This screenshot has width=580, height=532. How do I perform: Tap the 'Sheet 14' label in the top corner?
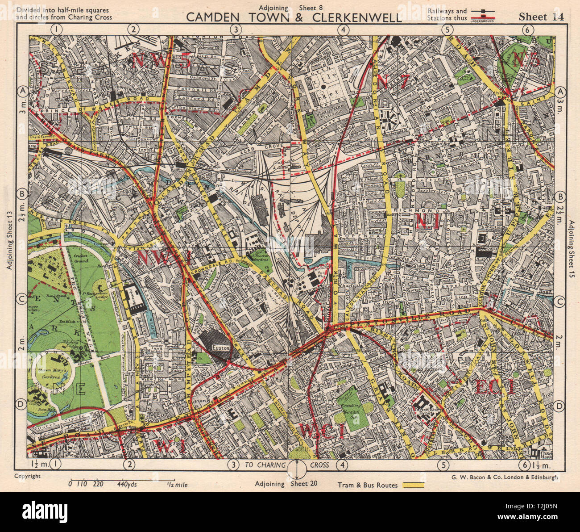click(x=541, y=17)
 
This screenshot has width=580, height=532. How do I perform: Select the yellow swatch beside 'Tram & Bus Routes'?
click(x=413, y=485)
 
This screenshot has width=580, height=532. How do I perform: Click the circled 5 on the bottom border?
click(x=443, y=465)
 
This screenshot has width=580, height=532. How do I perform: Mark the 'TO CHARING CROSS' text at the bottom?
click(x=286, y=465)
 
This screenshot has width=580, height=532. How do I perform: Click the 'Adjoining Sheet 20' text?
click(x=286, y=483)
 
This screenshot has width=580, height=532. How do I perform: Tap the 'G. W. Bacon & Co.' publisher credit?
click(x=501, y=477)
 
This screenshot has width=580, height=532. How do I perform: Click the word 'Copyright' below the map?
click(x=27, y=476)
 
